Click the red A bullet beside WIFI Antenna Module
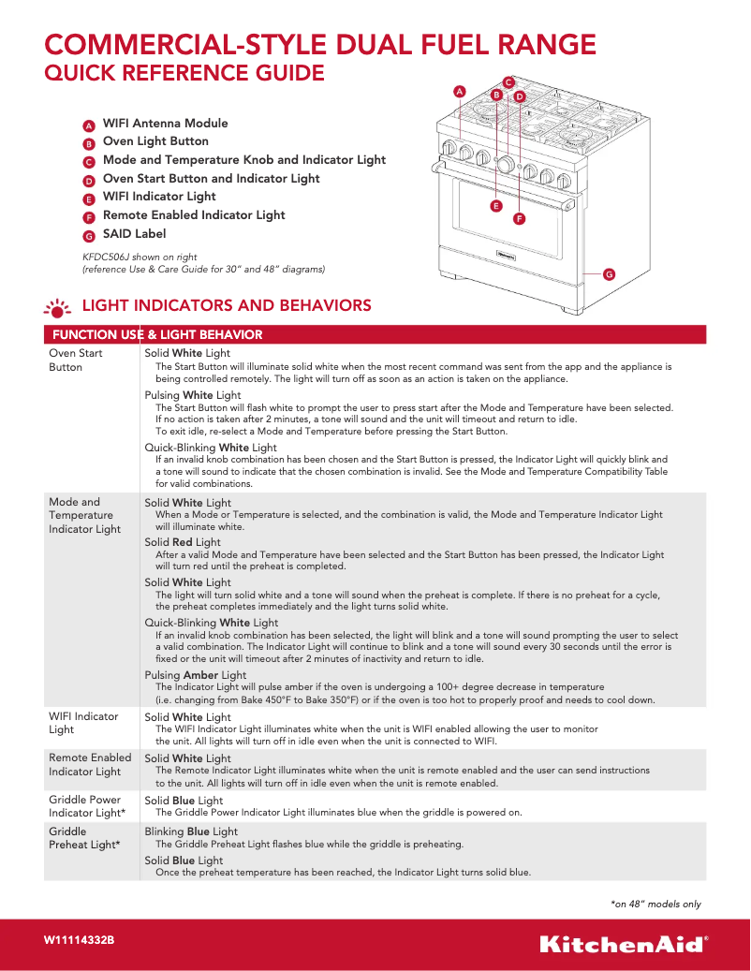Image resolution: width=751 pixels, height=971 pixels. (88, 125)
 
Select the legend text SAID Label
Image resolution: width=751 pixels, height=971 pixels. (134, 233)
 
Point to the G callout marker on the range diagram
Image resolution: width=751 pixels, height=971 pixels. (609, 274)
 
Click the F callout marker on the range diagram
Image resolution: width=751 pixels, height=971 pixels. (519, 218)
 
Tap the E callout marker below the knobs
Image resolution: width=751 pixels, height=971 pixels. (495, 205)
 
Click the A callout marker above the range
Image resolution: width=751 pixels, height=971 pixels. (459, 91)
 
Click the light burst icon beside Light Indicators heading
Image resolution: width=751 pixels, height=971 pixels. (58, 307)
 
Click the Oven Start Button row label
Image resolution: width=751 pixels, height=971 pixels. (75, 360)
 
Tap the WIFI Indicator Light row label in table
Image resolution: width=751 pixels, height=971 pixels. (83, 722)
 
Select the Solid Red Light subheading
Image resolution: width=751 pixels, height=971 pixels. (183, 542)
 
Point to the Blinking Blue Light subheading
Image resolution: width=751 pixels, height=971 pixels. (191, 831)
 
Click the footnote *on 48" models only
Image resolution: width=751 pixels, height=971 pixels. (655, 904)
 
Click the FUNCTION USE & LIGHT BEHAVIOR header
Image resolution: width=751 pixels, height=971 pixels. (157, 334)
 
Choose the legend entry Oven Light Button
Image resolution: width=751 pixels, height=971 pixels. (155, 141)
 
